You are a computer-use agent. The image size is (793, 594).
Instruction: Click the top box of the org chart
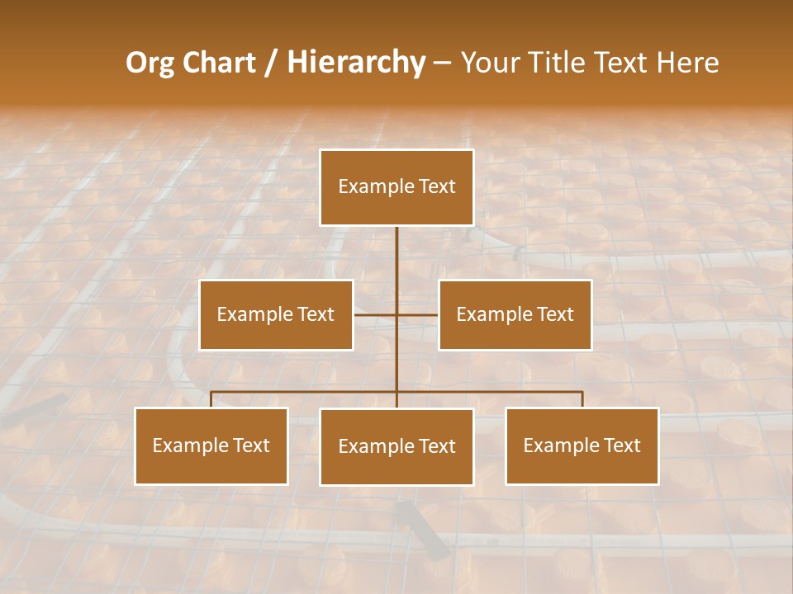[x=396, y=187]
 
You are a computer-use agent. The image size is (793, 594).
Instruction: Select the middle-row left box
[x=276, y=314]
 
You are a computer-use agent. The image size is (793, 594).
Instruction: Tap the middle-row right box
[x=515, y=314]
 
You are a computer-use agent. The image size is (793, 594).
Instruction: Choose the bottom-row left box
[x=211, y=445]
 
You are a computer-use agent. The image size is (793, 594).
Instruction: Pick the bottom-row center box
[x=396, y=446]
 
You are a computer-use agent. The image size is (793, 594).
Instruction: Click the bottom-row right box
[x=582, y=445]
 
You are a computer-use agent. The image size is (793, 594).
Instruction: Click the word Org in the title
[x=150, y=63]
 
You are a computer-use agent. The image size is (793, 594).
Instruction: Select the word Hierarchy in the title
[x=356, y=63]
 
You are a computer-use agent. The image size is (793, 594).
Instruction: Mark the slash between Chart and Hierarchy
[x=271, y=63]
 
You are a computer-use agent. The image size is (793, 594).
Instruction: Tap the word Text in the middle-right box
[x=554, y=314]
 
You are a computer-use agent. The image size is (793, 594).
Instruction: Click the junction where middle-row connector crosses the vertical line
[x=396, y=314]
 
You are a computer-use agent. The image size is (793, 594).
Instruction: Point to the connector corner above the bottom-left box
[x=211, y=392]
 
